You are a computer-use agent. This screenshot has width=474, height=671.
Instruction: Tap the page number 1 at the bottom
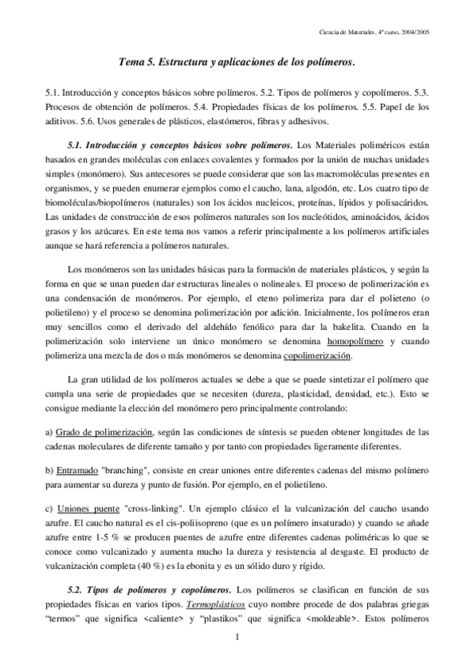pos(237,637)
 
